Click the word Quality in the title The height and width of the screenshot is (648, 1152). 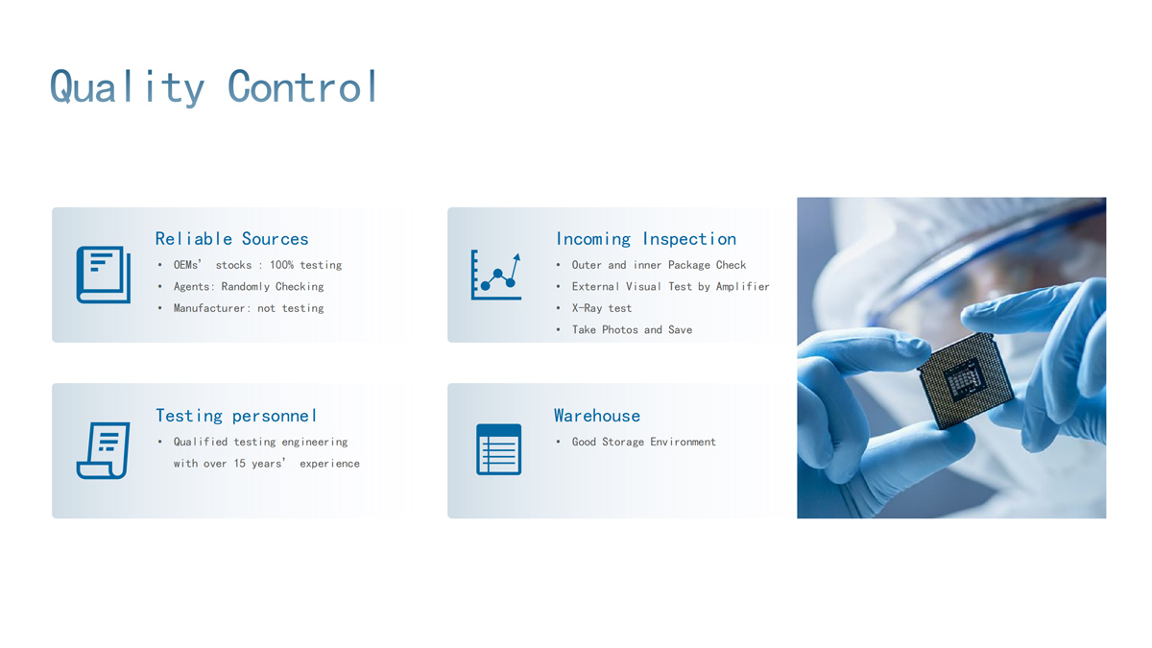[x=127, y=87]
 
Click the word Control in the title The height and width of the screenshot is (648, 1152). [x=302, y=86]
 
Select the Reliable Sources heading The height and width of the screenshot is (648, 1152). [x=231, y=239]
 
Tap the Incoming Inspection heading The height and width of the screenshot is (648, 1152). [x=646, y=239]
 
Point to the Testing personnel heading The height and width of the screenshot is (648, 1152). [x=235, y=416]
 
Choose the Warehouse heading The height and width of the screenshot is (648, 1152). [x=596, y=416]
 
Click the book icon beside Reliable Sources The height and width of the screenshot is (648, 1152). [x=104, y=275]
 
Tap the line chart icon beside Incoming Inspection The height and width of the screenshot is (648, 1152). [x=496, y=276]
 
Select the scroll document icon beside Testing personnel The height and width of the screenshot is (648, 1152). [x=103, y=450]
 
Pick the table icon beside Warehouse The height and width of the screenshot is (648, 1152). [x=498, y=449]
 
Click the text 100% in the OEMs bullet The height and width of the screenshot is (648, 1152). [x=281, y=265]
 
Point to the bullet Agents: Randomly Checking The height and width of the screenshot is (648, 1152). [x=249, y=286]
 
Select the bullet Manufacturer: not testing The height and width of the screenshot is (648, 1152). [x=249, y=308]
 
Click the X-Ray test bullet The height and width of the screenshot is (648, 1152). [x=601, y=308]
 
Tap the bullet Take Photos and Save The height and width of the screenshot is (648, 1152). [x=632, y=329]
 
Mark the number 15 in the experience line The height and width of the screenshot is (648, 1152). [x=240, y=464]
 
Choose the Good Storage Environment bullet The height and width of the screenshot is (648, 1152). [x=643, y=442]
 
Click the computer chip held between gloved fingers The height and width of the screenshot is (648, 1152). [x=966, y=380]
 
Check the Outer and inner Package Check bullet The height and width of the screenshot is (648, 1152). [x=659, y=265]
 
